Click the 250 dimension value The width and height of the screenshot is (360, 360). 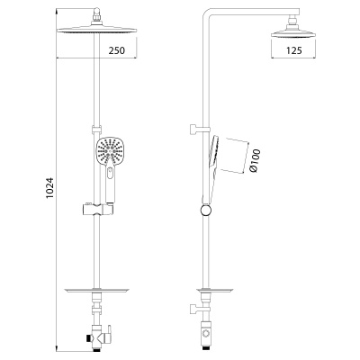coord(116,50)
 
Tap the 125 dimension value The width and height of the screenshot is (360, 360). coord(293,50)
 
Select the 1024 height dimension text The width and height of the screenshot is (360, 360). coord(50,188)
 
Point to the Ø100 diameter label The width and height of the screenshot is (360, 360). coord(255,161)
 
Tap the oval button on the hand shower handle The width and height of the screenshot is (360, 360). coord(110,173)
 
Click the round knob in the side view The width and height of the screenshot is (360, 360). coord(205,210)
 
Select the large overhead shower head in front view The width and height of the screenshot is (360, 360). coord(96,30)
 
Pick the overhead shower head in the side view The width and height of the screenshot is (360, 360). coord(293,33)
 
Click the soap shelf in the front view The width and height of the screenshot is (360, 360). coord(96,291)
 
